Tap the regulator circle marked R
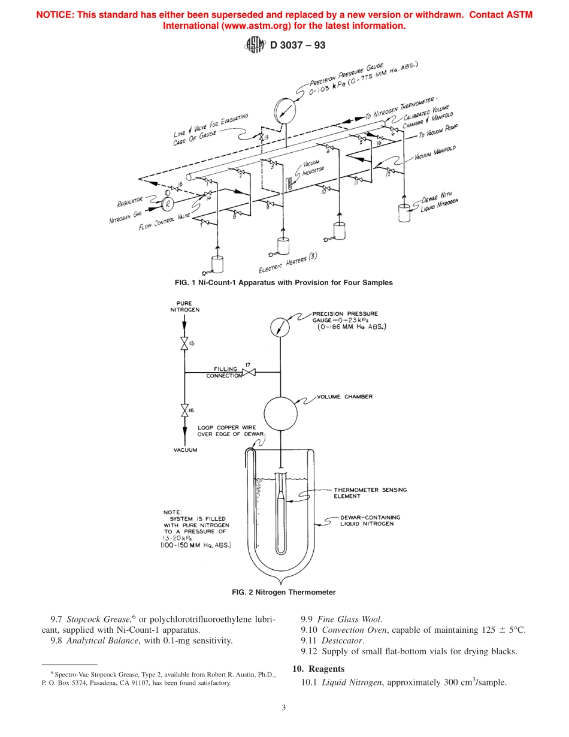coord(168,204)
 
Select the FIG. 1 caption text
coord(284,282)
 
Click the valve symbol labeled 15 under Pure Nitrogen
coord(184,344)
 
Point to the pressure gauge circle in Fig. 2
coord(280,326)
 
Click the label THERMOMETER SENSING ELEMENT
coord(370,493)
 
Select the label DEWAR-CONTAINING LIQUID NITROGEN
coord(370,520)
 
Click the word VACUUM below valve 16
coord(185,450)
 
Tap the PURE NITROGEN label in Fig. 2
coord(184,307)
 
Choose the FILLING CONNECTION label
coord(225,373)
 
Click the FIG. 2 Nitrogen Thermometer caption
coord(284,592)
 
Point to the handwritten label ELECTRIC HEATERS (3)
coord(287,263)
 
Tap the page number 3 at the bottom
coord(284,707)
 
